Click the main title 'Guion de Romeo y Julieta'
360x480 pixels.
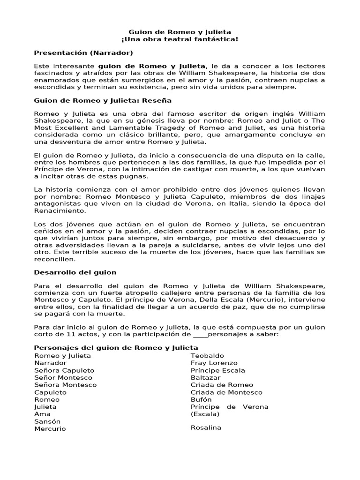click(180, 31)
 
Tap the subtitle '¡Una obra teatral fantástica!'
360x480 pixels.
click(180, 39)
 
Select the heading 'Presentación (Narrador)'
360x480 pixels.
click(83, 52)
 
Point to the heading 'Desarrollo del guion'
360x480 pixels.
click(75, 272)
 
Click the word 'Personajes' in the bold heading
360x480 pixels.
click(54, 348)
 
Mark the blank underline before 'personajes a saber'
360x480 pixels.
click(200, 334)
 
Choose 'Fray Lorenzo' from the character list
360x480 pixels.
click(214, 363)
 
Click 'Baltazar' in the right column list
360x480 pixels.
click(205, 377)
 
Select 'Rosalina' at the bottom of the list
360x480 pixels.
click(206, 427)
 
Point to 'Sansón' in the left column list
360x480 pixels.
click(47, 421)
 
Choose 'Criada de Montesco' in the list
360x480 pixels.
click(226, 392)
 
